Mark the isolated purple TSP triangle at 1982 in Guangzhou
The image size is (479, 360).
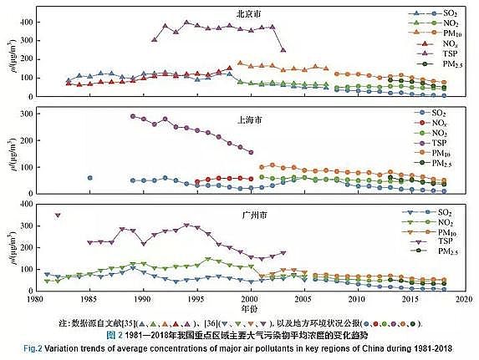coord(58,215)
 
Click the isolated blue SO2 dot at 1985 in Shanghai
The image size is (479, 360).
coord(89,178)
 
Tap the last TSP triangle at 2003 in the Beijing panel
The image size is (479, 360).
coord(283,50)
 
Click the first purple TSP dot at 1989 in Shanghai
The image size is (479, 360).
coord(132,116)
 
